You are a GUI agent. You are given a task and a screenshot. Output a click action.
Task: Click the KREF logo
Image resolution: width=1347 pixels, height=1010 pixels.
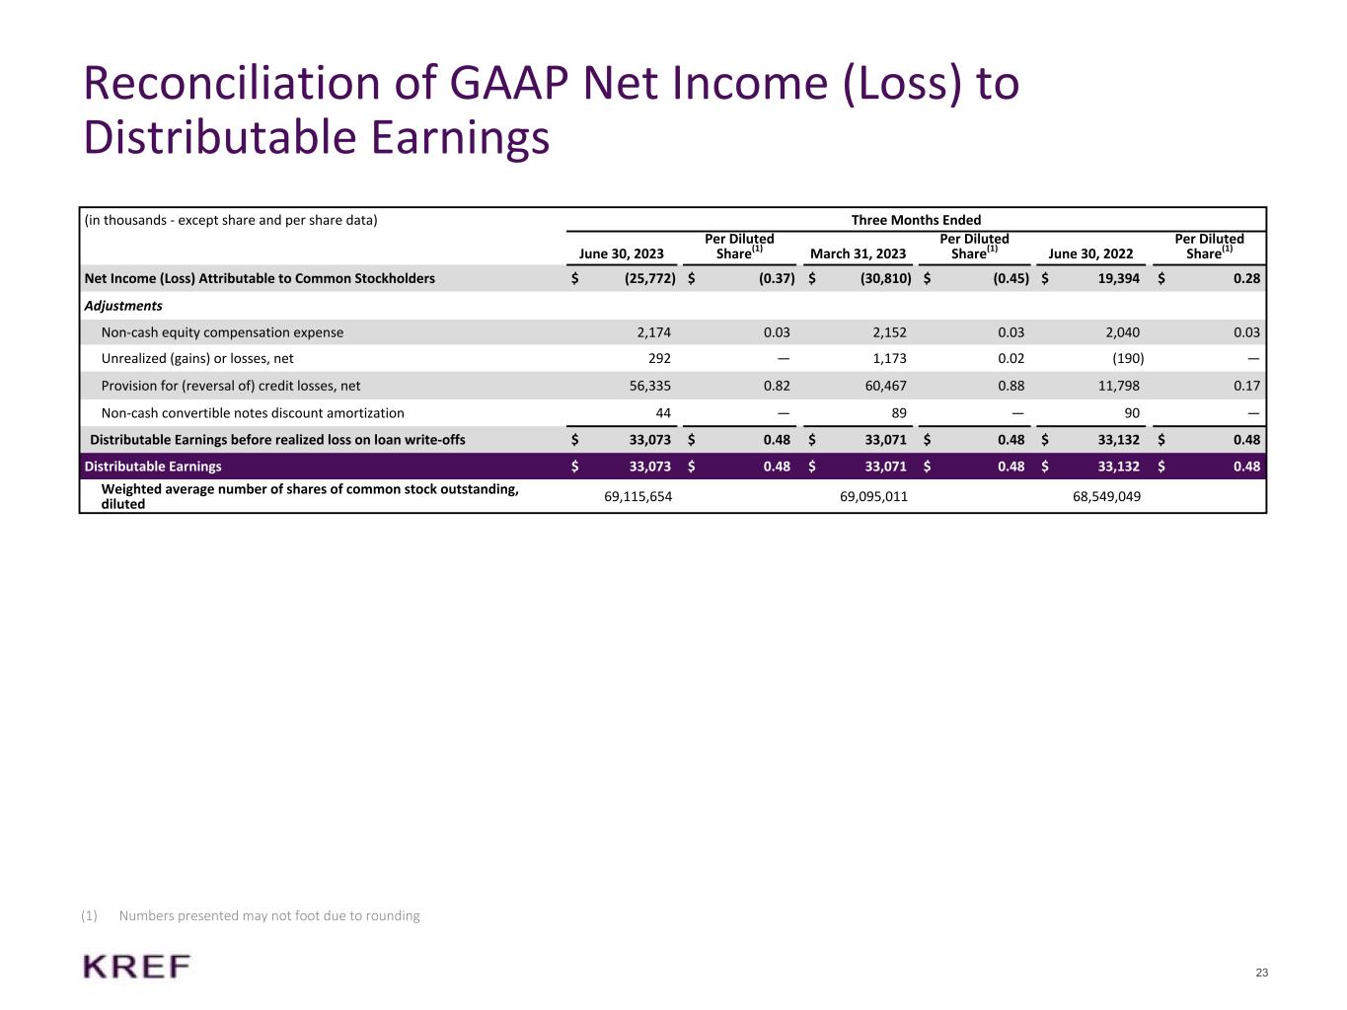pos(137,967)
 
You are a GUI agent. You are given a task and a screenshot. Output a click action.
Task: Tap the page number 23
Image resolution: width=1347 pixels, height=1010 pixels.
pos(1262,974)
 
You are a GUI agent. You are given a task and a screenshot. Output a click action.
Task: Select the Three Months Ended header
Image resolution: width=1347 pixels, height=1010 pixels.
pos(916,220)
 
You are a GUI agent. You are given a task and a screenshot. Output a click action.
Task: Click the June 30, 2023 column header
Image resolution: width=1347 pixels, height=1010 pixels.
pos(621,253)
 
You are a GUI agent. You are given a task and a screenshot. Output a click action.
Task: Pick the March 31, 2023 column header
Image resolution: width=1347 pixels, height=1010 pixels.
pos(858,253)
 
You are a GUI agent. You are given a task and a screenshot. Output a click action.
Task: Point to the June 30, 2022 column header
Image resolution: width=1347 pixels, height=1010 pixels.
pos(1090,253)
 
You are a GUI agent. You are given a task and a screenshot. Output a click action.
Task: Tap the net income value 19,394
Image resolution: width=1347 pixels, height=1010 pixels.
pos(1118,278)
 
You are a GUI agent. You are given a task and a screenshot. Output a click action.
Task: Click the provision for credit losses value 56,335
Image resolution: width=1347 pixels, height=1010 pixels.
pos(649,386)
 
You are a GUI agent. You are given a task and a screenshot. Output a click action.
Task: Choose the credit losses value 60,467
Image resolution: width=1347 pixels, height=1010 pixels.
pos(885,386)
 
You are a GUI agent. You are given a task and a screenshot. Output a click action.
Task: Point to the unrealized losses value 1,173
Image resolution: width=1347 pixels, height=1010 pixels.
pos(889,359)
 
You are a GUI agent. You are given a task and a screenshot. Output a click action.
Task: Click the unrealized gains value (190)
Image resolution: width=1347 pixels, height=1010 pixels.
pos(1128,359)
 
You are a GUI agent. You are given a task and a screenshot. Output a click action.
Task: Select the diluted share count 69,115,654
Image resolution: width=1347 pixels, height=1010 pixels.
pos(637,496)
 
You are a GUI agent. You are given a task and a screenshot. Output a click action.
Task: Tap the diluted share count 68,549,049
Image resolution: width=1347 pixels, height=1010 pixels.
pos(1106,496)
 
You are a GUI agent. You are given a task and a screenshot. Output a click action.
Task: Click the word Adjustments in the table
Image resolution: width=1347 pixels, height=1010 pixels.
pos(123,306)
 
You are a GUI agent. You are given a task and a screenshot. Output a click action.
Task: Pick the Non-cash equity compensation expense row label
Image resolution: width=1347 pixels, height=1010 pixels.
pos(222,332)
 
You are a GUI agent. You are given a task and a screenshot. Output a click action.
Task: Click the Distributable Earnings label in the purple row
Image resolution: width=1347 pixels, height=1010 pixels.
pos(153,467)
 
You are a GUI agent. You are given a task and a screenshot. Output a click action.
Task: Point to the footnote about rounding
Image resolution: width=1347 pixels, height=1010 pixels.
pos(268,915)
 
